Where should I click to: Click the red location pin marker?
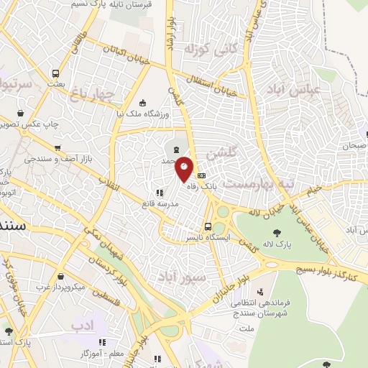coord(185,170)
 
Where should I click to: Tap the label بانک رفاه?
coord(202,185)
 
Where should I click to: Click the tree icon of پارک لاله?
coord(277,231)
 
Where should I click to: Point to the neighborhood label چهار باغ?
coord(93,93)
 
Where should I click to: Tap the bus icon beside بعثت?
coord(55,73)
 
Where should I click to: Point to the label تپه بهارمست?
coord(257,184)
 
